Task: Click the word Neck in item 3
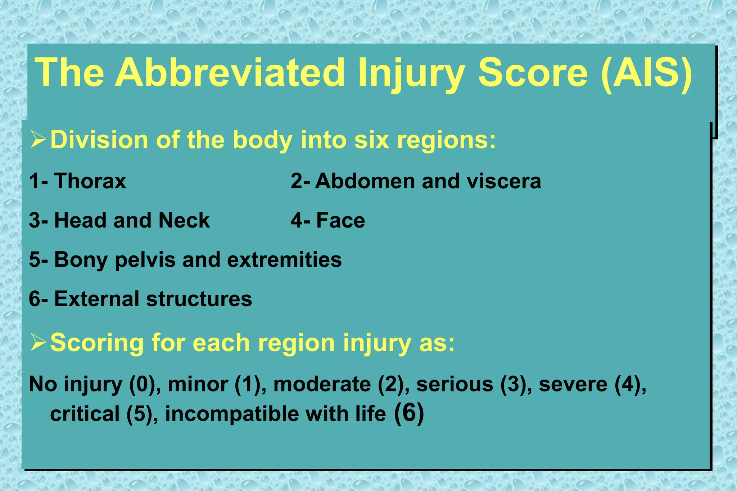[x=184, y=220]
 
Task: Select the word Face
[x=340, y=220]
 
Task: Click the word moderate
[x=322, y=384]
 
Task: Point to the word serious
[x=455, y=384]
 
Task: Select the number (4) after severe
[x=630, y=384]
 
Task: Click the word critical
[x=85, y=414]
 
